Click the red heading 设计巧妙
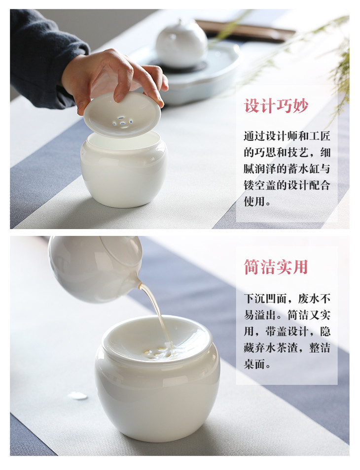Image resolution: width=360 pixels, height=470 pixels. click(276, 106)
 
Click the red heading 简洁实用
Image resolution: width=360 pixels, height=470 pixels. click(276, 267)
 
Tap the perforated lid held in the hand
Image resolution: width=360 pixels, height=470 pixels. click(122, 114)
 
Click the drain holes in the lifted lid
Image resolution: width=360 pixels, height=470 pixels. click(122, 122)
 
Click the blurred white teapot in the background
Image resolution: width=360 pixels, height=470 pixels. click(181, 44)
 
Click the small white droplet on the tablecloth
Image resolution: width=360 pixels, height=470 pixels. click(78, 396)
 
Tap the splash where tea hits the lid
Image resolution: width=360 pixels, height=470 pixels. click(159, 352)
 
